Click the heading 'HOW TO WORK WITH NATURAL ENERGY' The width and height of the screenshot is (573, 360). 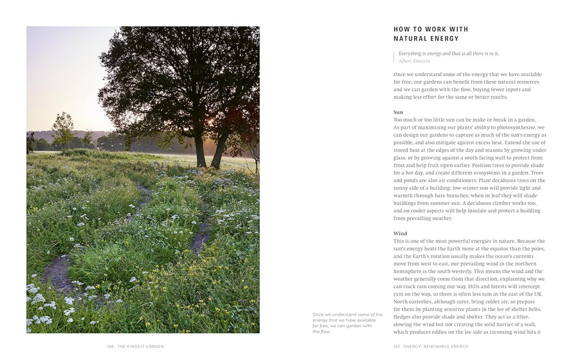[x=431, y=34]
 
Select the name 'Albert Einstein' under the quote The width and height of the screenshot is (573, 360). [x=414, y=61]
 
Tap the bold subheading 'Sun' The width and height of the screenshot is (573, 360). [x=398, y=112]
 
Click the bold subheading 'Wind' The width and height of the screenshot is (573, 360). [x=400, y=233]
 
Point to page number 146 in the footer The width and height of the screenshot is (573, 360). [x=110, y=347]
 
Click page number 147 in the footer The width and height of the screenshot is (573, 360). [x=397, y=347]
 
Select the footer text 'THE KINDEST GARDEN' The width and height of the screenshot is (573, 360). [x=140, y=347]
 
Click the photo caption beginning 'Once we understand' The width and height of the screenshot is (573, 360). [x=347, y=323]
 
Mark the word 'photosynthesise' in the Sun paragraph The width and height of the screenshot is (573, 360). [x=506, y=127]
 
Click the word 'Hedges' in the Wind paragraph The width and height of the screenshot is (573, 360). [x=402, y=317]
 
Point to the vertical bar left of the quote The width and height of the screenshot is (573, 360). [x=394, y=57]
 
